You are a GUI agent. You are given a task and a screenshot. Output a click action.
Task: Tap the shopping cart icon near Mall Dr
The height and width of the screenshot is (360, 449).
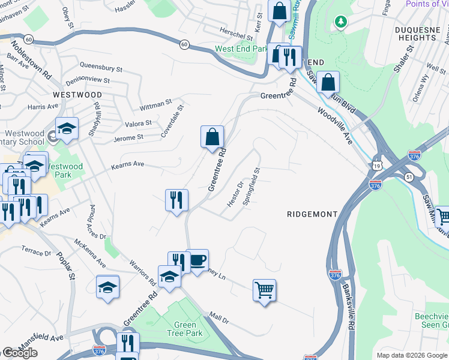tap(264, 291)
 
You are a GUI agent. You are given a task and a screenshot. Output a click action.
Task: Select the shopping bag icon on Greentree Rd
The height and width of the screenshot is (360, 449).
tap(212, 137)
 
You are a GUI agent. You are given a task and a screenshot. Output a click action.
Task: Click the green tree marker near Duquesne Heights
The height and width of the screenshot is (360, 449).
tap(341, 22)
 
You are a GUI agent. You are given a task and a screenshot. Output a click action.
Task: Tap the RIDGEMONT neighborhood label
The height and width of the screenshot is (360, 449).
tap(312, 214)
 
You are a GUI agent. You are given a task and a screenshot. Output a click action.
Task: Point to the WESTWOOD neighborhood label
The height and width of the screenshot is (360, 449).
tap(77, 95)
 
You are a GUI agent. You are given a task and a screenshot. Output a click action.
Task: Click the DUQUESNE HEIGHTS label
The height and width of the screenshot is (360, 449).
tap(424, 33)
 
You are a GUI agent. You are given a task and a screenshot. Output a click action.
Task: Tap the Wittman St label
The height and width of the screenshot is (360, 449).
tap(155, 105)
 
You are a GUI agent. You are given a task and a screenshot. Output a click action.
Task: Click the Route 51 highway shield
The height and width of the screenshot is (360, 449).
tap(409, 177)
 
